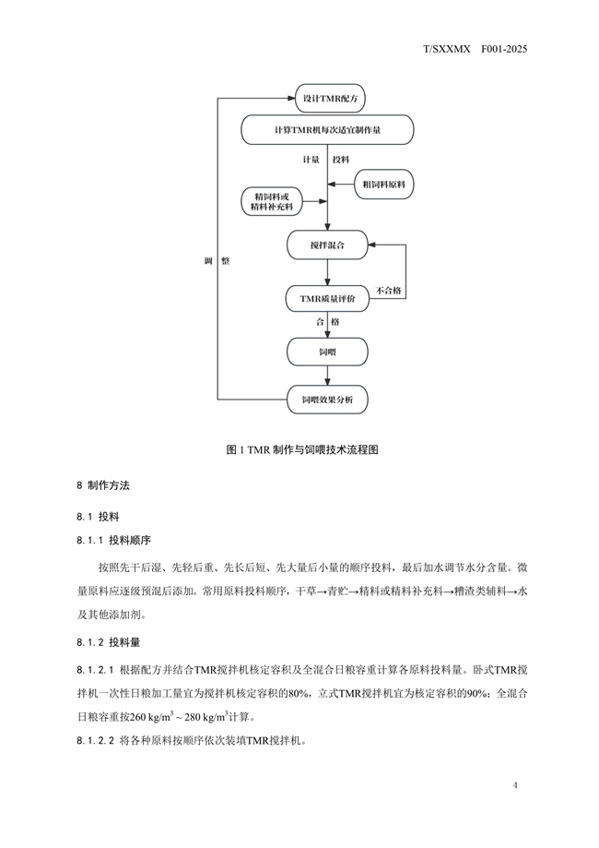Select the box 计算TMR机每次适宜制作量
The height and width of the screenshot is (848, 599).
coord(327,130)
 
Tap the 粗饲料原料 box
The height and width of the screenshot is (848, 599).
coord(383,185)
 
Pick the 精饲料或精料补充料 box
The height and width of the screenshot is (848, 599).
coord(271,201)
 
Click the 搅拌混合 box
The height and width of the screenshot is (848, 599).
coord(327,245)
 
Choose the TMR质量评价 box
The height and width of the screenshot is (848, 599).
coord(327,299)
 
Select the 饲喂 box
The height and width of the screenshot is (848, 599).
coord(327,352)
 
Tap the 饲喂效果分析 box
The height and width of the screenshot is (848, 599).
coord(327,400)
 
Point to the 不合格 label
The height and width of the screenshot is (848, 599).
coord(388,291)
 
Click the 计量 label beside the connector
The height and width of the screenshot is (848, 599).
coord(311,160)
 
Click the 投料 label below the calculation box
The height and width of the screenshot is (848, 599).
coord(341,160)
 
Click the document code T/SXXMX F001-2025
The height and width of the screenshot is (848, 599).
coord(475,49)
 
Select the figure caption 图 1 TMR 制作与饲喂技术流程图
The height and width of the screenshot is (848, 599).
coord(302,449)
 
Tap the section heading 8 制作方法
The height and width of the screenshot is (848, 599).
coord(103,485)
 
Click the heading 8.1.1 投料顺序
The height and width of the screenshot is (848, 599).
coord(114,540)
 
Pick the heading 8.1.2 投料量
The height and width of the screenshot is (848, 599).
coord(109,642)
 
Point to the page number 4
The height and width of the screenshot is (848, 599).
coord(515,784)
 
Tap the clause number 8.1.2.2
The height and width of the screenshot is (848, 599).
coord(96,740)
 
